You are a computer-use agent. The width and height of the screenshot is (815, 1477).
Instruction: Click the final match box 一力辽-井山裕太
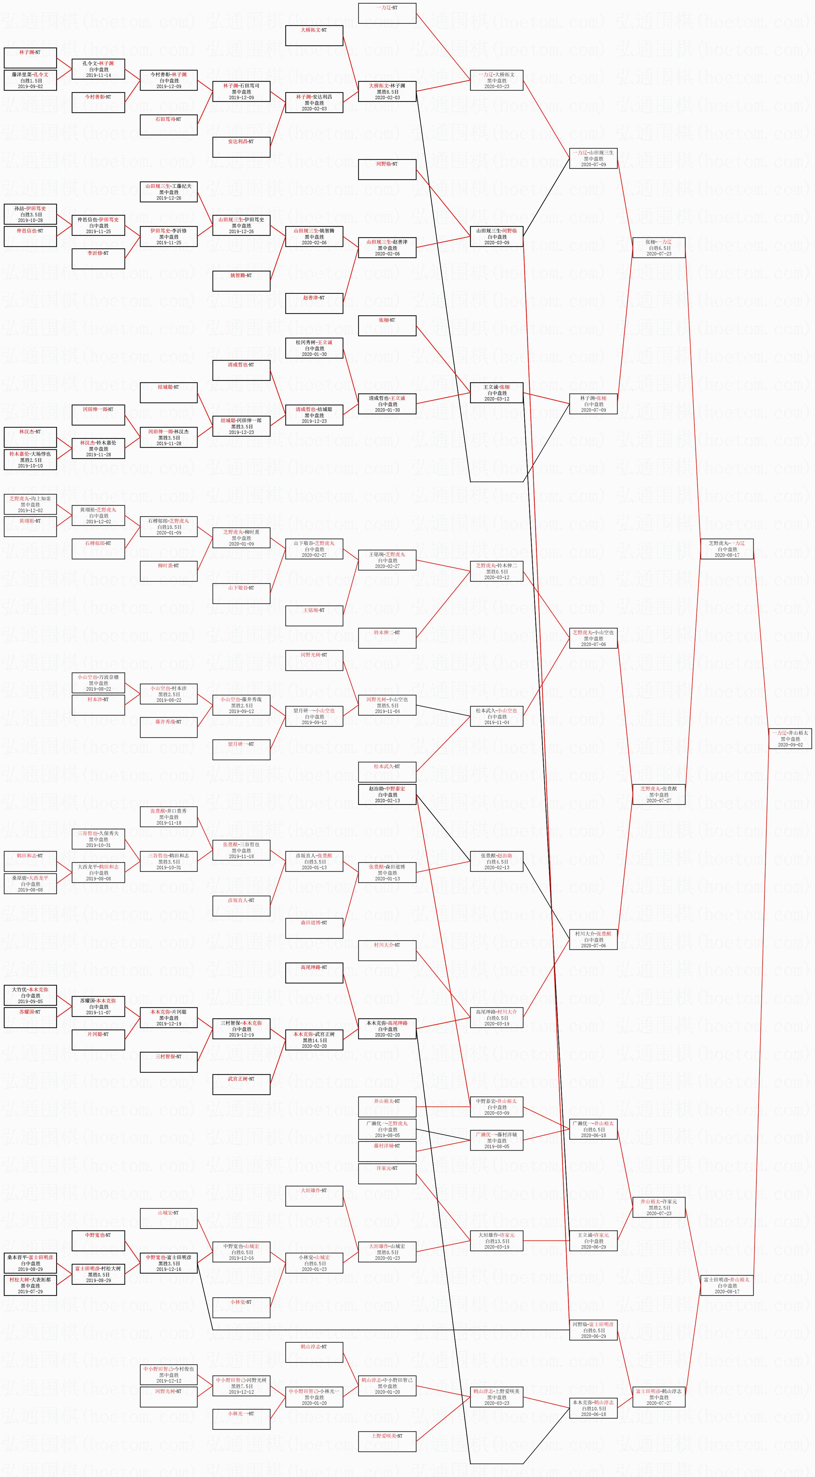(790, 738)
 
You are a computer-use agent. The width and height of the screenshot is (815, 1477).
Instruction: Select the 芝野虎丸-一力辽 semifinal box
(727, 549)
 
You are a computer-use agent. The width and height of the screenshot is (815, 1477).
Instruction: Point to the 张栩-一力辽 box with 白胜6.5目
(658, 248)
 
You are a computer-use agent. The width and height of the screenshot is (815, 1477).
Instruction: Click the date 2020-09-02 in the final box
(790, 745)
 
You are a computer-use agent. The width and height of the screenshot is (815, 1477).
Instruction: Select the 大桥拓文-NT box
(314, 36)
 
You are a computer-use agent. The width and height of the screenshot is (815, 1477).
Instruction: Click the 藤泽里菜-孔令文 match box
(30, 80)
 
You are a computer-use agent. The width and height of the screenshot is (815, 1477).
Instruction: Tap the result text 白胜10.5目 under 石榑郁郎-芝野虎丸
(169, 527)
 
